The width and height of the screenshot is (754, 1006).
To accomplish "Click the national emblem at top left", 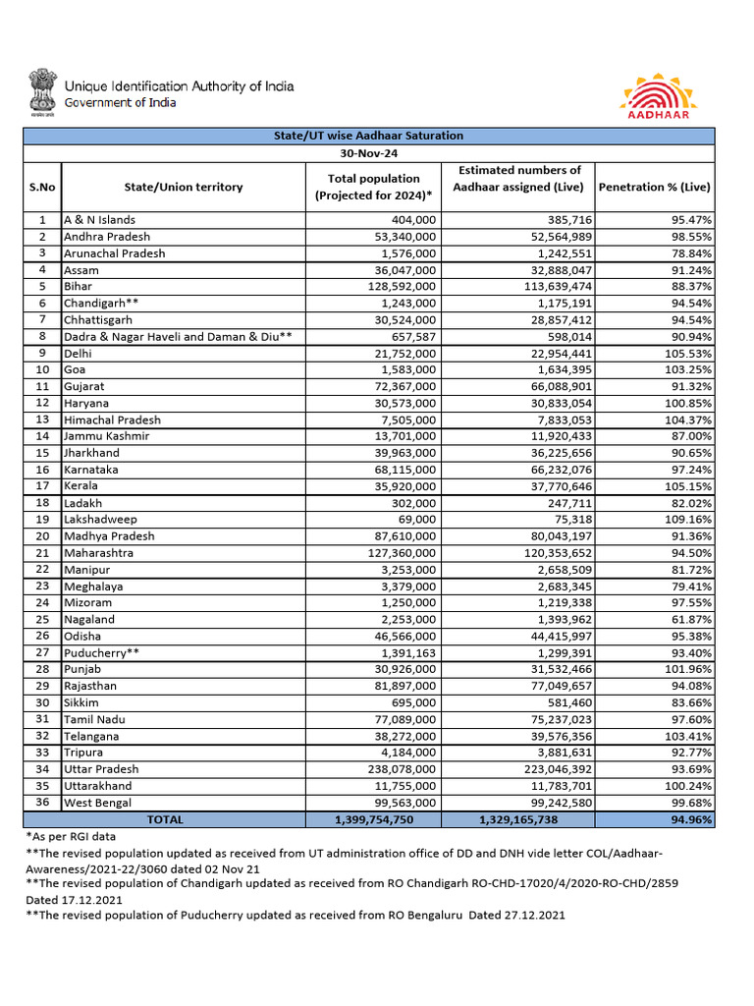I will click(42, 91).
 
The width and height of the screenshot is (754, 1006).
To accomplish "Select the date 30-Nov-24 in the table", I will click(368, 153).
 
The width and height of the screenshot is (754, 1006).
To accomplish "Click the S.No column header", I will click(42, 187).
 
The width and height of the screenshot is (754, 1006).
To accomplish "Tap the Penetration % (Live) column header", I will click(655, 187).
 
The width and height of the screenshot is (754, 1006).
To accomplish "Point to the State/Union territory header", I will click(184, 187).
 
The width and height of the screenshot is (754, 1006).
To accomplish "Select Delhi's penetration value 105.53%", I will click(687, 353).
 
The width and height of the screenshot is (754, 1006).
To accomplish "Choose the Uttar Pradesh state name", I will click(101, 769).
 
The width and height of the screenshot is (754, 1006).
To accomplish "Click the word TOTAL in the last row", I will click(164, 819).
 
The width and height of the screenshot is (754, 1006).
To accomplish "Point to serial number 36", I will click(42, 803).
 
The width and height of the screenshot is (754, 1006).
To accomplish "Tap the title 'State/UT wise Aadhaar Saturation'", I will click(368, 136).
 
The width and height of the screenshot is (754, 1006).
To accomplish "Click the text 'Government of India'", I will click(121, 103).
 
